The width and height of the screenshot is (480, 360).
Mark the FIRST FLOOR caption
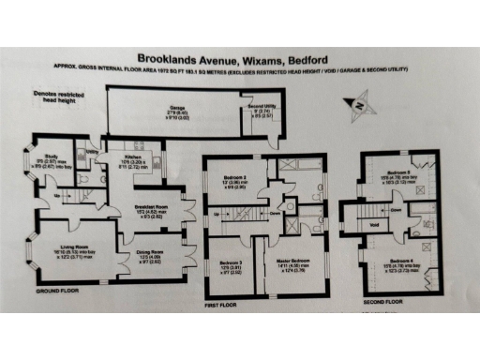coord(227,305)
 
